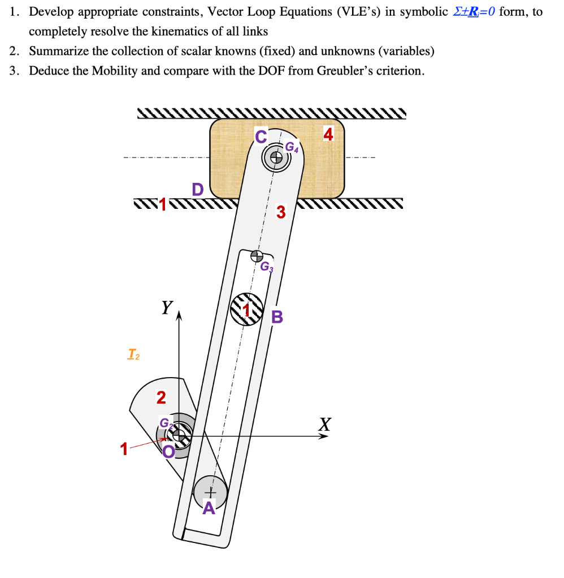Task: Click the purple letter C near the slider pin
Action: (x=260, y=136)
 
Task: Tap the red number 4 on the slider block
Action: (x=328, y=134)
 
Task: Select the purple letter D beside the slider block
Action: (x=197, y=189)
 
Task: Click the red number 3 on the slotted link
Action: (x=281, y=213)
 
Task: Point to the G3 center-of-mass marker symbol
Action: (x=257, y=255)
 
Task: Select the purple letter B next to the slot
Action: (x=277, y=317)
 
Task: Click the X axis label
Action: (x=324, y=423)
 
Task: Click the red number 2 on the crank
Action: (x=161, y=398)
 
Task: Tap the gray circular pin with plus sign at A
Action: (x=210, y=490)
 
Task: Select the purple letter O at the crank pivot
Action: (x=168, y=451)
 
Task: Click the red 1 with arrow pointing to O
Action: (x=124, y=450)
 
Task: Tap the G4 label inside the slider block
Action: (x=291, y=147)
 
